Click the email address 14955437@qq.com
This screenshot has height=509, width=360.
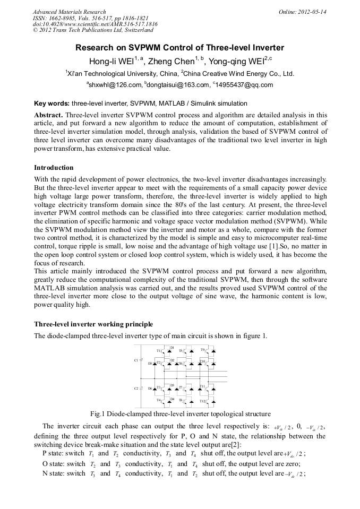pos(245,84)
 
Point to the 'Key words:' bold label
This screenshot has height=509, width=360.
pos(52,103)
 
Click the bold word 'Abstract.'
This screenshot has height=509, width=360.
pos(48,115)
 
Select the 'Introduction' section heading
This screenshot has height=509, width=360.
pos(54,168)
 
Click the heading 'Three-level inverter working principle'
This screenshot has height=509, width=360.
pos(93,324)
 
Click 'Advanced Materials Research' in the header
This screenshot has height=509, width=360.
pos(69,12)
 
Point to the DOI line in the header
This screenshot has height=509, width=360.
pos(95,24)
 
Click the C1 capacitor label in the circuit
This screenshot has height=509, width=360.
pos(136,360)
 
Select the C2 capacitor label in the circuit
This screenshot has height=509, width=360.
pos(136,389)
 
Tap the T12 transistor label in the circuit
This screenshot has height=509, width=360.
pos(203,401)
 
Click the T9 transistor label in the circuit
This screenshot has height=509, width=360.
pos(203,350)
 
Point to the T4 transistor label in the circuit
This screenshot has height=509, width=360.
pos(159,400)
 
